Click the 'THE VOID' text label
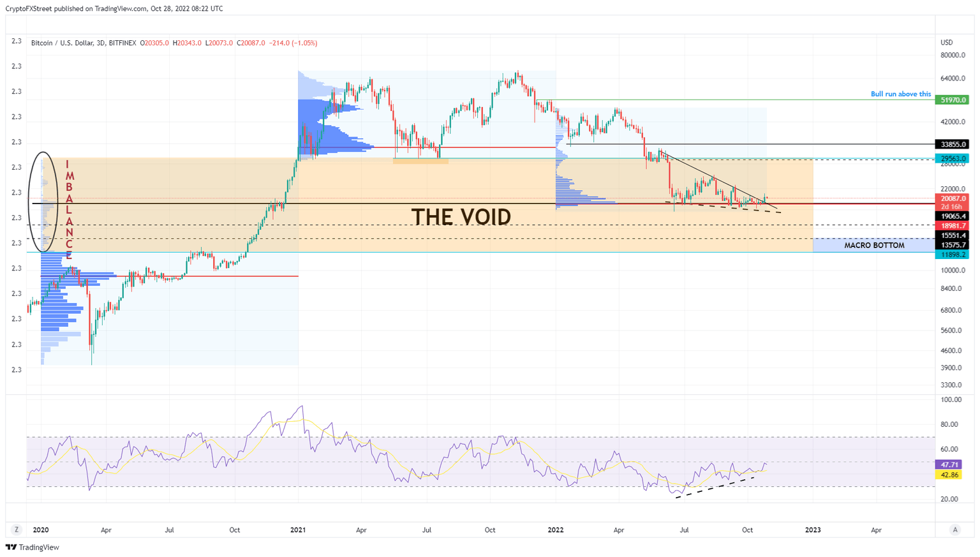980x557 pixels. click(461, 218)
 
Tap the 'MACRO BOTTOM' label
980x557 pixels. click(873, 246)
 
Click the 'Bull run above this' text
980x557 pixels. click(900, 94)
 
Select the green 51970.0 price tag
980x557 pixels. click(952, 100)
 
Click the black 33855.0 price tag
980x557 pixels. click(952, 144)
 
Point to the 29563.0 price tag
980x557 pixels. click(952, 158)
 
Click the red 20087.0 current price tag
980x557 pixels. click(952, 198)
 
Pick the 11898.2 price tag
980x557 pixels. click(952, 255)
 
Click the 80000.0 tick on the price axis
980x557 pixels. click(953, 56)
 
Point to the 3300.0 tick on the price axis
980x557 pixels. click(952, 385)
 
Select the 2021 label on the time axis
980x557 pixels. click(298, 530)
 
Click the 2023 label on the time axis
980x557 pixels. click(813, 530)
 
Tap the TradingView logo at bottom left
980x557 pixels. click(33, 547)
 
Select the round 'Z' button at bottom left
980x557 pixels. click(17, 530)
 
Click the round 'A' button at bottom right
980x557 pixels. click(955, 530)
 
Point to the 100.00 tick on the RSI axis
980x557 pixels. click(952, 400)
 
